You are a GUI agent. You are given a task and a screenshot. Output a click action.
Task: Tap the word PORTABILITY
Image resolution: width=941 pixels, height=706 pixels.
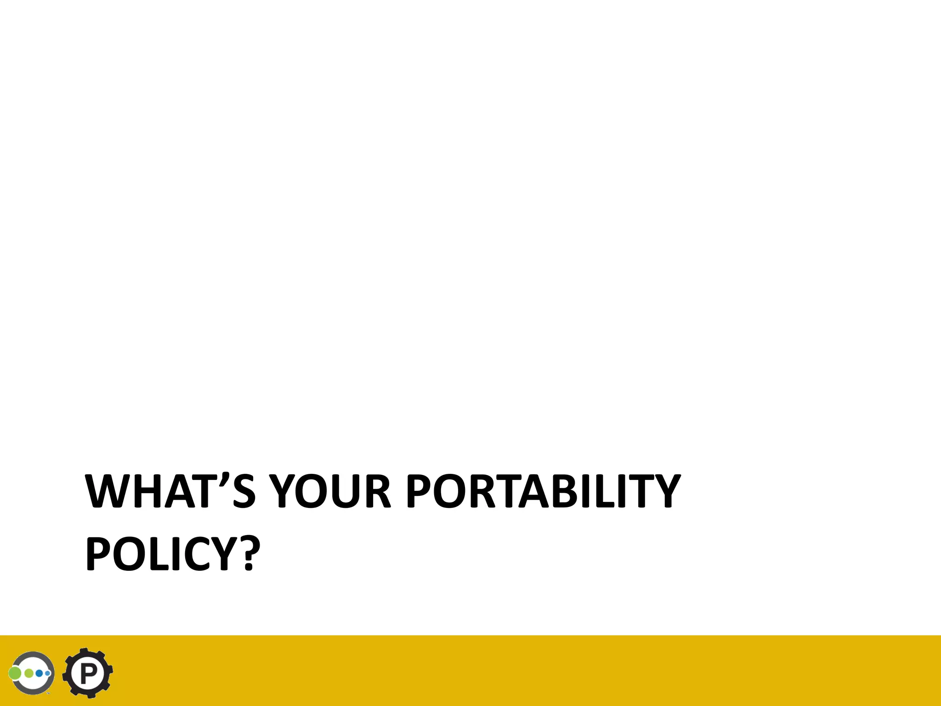543,491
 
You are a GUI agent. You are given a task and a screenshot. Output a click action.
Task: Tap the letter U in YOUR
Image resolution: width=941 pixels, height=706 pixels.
345,491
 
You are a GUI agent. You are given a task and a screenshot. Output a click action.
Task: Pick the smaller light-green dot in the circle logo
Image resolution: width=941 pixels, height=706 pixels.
29,673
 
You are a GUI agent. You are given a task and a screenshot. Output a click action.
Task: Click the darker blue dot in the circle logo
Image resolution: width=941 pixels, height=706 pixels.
40,673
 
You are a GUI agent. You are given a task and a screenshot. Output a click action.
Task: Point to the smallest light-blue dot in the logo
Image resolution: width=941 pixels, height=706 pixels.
47,673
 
